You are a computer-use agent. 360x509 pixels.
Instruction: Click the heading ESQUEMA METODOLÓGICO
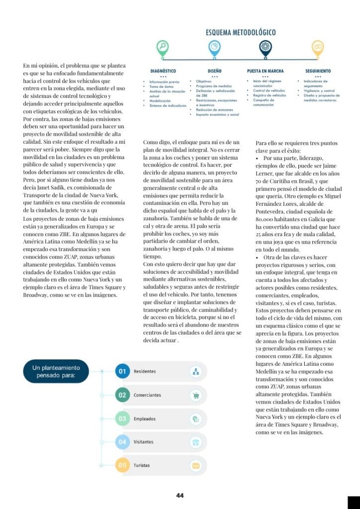click(x=241, y=33)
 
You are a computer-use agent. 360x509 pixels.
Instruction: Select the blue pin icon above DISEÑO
click(x=214, y=48)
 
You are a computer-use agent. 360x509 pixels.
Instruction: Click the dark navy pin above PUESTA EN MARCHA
click(x=266, y=48)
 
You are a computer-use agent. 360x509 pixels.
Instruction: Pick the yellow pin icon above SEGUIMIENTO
click(x=318, y=48)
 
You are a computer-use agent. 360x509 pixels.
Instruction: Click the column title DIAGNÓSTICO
click(x=163, y=71)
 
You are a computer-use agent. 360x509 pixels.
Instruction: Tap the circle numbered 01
click(x=122, y=371)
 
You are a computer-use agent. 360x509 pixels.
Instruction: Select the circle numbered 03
click(x=122, y=419)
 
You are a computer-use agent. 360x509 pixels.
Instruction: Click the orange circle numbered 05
click(x=122, y=466)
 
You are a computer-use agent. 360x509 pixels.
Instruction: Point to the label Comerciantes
click(x=147, y=395)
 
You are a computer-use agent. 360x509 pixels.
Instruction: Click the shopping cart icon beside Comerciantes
click(x=196, y=396)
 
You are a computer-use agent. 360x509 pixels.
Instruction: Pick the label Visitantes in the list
click(x=143, y=442)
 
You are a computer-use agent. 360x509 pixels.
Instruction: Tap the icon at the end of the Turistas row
click(x=196, y=466)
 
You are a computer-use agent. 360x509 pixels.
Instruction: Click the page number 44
click(x=180, y=496)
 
